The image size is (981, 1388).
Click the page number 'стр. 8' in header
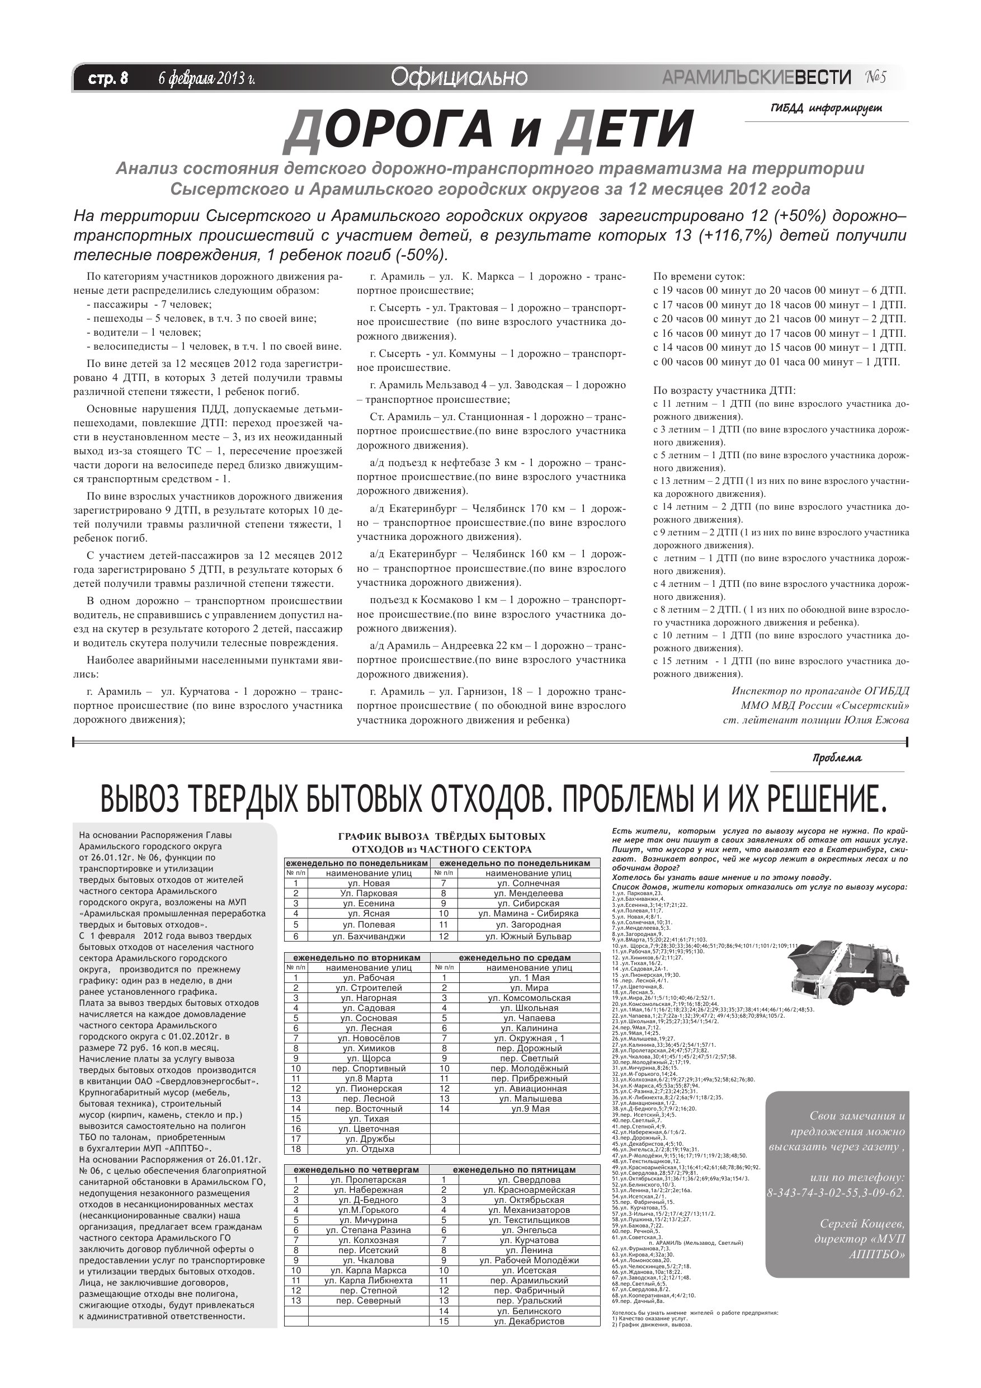pyautogui.click(x=108, y=78)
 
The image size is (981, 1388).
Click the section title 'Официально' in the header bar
pyautogui.click(x=459, y=77)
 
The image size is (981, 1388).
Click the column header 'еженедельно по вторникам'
pyautogui.click(x=357, y=958)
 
